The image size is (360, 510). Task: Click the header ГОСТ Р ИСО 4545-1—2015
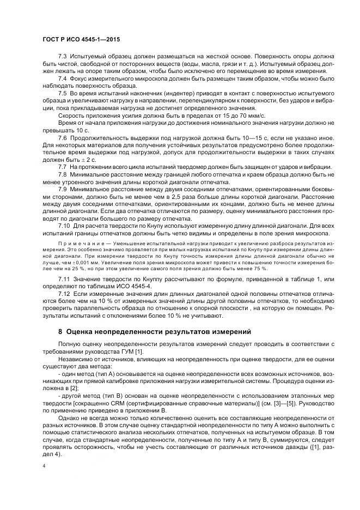coord(81,40)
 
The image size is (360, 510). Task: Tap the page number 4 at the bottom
coord(44,466)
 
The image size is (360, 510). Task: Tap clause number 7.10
coord(64,224)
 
